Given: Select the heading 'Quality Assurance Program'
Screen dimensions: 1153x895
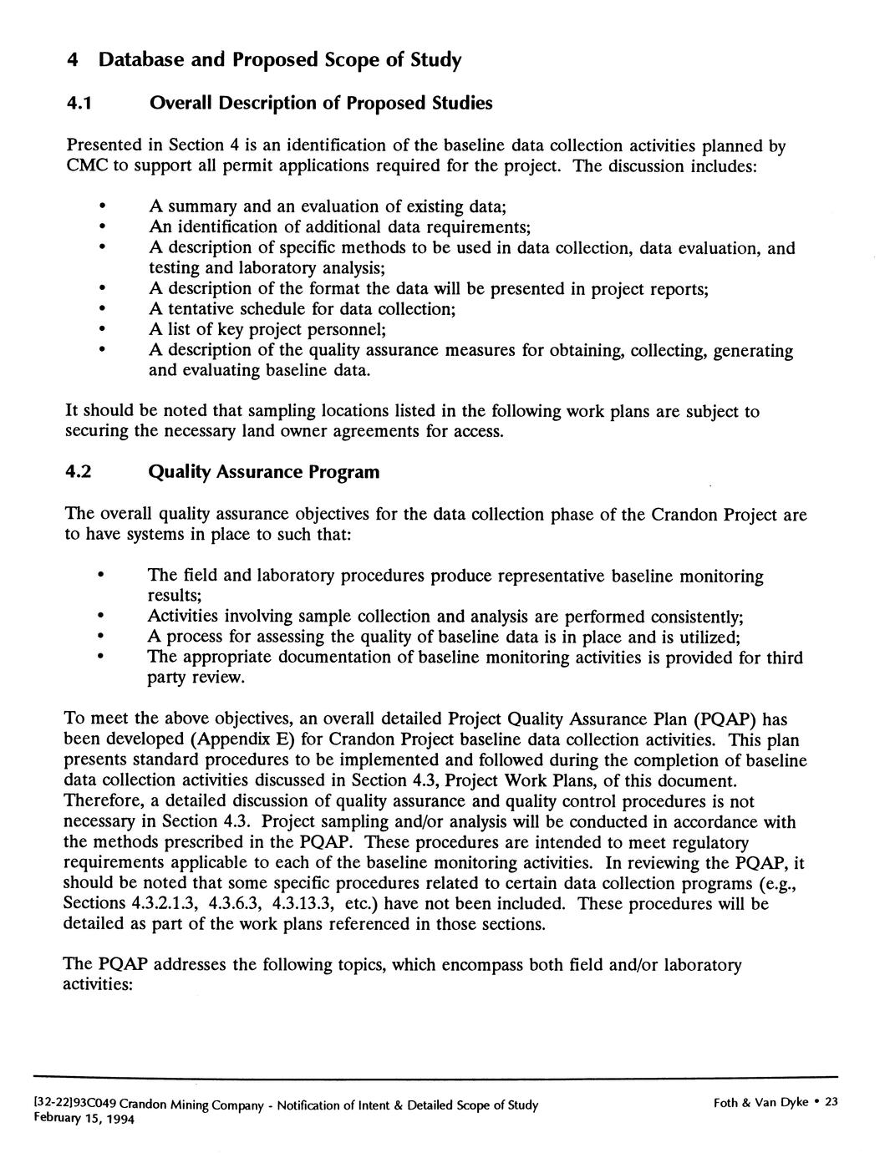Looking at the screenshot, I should tap(263, 472).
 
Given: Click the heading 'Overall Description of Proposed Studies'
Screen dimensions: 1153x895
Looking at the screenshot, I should tap(320, 104).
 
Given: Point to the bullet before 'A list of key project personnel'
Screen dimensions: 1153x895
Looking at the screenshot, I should tap(101, 330).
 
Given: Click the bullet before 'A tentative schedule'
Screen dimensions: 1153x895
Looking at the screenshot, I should tap(101, 309).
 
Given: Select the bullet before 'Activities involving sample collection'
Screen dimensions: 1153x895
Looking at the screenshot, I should tap(101, 617).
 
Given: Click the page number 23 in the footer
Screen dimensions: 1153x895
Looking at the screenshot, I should tap(831, 1103).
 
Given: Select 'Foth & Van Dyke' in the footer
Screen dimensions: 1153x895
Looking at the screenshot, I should tap(760, 1103).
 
